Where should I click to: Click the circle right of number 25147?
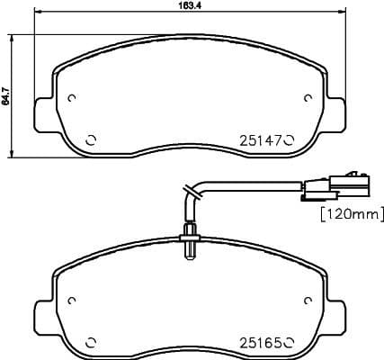tap(290, 140)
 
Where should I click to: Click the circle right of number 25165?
tap(290, 341)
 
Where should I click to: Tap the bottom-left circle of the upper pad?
tap(90, 140)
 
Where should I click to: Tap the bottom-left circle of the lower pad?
tap(90, 341)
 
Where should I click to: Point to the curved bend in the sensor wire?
tap(192, 191)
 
